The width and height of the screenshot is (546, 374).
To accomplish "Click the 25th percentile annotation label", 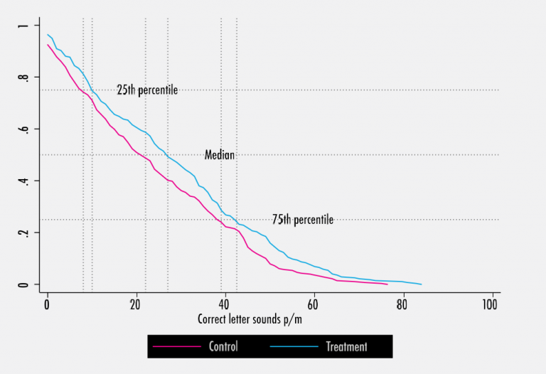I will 147,90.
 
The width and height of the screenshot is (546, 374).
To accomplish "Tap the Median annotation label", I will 220,155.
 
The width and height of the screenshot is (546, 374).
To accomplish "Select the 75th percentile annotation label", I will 302,220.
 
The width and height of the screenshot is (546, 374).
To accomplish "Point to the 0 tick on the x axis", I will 48,304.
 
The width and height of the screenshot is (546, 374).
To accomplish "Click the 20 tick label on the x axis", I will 136,304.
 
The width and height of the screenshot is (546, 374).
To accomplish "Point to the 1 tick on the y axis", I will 24,26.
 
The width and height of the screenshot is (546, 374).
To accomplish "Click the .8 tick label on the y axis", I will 24,78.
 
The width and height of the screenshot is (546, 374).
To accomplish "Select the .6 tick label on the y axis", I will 24,129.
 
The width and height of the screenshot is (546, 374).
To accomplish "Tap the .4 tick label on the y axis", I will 24,181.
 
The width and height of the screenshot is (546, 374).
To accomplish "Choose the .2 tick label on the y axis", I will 24,233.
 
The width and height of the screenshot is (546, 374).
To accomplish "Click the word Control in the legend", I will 223,347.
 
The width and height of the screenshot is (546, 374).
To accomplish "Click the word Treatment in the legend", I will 346,347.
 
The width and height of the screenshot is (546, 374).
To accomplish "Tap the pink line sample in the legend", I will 177,347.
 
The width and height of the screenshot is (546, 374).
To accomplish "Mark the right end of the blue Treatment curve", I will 422,284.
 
